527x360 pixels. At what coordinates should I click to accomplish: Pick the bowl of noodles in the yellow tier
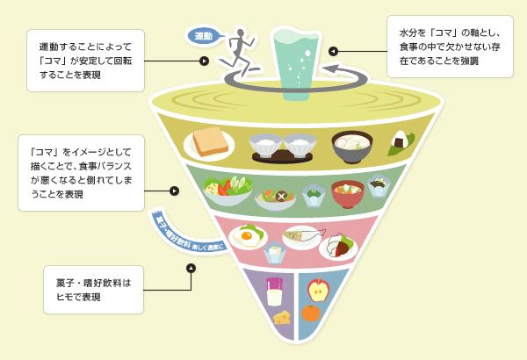point(351,143)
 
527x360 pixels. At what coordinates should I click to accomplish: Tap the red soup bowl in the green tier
point(347,191)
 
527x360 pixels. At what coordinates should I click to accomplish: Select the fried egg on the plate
point(247,236)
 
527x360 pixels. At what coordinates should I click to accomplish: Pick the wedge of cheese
point(282,318)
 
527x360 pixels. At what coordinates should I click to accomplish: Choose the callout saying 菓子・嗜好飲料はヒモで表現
point(93,290)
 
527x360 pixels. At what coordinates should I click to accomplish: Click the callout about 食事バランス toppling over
point(81,172)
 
